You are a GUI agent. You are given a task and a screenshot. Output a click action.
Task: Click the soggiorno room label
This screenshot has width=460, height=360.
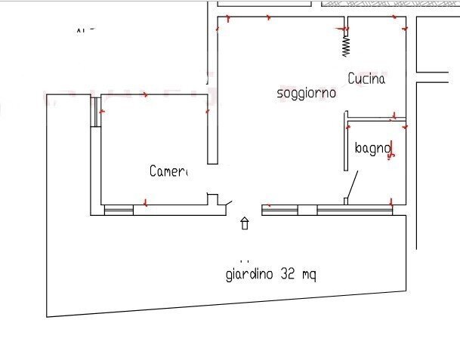click(306, 93)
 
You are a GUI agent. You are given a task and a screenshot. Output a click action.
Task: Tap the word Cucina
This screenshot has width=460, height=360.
click(366, 78)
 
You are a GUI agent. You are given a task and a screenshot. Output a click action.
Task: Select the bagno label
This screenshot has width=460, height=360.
click(372, 149)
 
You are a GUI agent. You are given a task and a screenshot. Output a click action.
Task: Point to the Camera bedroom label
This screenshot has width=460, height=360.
click(168, 171)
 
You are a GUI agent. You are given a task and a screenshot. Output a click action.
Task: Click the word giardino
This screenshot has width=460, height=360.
click(250, 274)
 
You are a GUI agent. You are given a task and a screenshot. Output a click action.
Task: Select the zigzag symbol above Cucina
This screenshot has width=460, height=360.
click(346, 44)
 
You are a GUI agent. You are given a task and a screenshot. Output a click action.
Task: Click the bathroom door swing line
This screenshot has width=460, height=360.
click(352, 185)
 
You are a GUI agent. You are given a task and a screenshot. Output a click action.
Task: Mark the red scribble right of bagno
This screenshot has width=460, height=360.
click(391, 151)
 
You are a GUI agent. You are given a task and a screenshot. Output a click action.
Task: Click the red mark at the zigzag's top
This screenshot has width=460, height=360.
click(345, 29)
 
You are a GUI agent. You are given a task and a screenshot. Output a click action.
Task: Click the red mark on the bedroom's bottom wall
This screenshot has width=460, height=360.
click(144, 203)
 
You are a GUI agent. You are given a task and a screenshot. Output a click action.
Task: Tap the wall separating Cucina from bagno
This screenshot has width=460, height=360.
click(375, 119)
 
